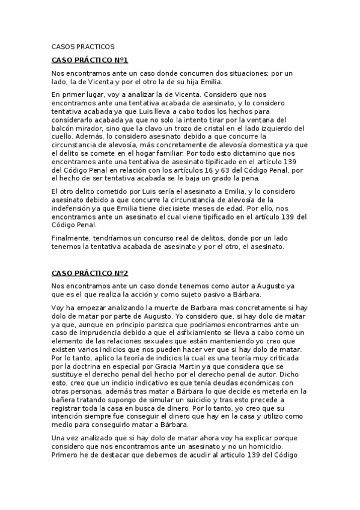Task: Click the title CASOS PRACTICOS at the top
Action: coord(83,46)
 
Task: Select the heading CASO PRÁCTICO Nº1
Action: coord(90,60)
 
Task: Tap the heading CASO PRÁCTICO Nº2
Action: coord(90,272)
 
